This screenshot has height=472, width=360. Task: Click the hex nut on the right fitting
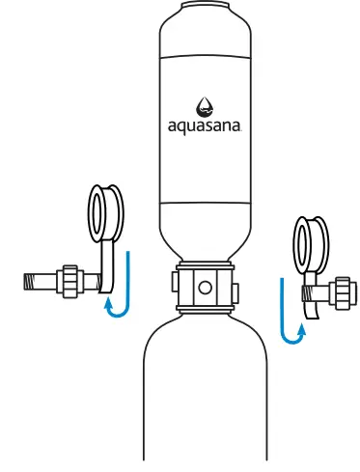339,292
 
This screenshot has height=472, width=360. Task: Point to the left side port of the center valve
176,285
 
